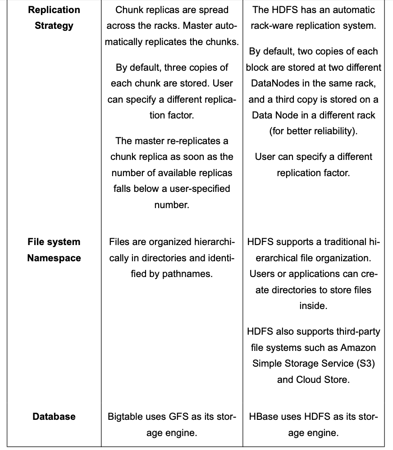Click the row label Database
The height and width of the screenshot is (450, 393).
click(x=54, y=417)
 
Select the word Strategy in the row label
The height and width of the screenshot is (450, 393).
click(x=54, y=26)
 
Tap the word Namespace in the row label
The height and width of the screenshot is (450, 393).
click(x=54, y=258)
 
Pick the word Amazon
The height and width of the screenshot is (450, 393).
click(x=358, y=348)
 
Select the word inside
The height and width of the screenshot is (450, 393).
click(x=313, y=306)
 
